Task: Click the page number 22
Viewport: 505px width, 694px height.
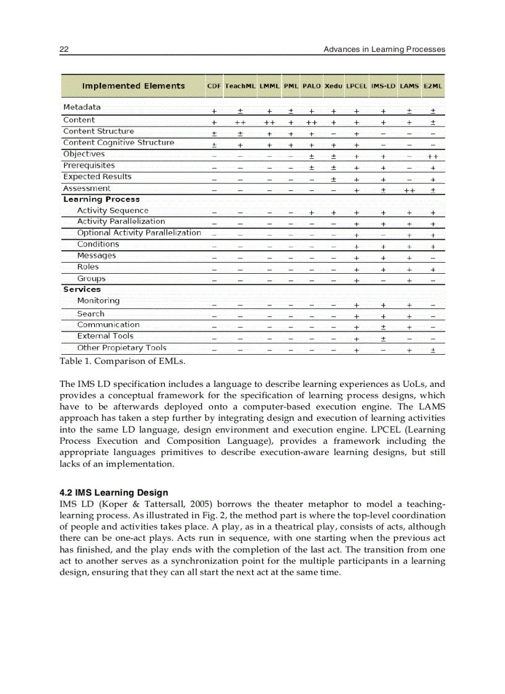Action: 64,49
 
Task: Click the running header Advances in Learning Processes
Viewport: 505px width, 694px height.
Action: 384,49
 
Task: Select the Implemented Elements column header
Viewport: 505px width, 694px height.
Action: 133,86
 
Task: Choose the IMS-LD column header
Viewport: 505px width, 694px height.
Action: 383,86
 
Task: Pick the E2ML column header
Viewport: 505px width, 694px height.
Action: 433,86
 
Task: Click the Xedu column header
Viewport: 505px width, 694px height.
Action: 334,86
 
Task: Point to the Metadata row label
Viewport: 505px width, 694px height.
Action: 82,108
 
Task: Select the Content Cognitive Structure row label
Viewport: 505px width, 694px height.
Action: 118,143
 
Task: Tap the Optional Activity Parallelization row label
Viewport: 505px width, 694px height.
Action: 139,233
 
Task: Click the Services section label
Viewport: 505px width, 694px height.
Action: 82,289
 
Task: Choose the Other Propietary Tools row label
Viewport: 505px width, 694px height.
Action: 121,348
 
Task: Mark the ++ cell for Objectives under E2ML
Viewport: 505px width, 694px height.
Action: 433,157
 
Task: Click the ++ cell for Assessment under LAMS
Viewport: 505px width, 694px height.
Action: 409,191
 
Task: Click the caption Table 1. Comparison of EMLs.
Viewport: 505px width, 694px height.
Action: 123,361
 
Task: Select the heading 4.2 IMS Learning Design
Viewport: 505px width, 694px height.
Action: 114,493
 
